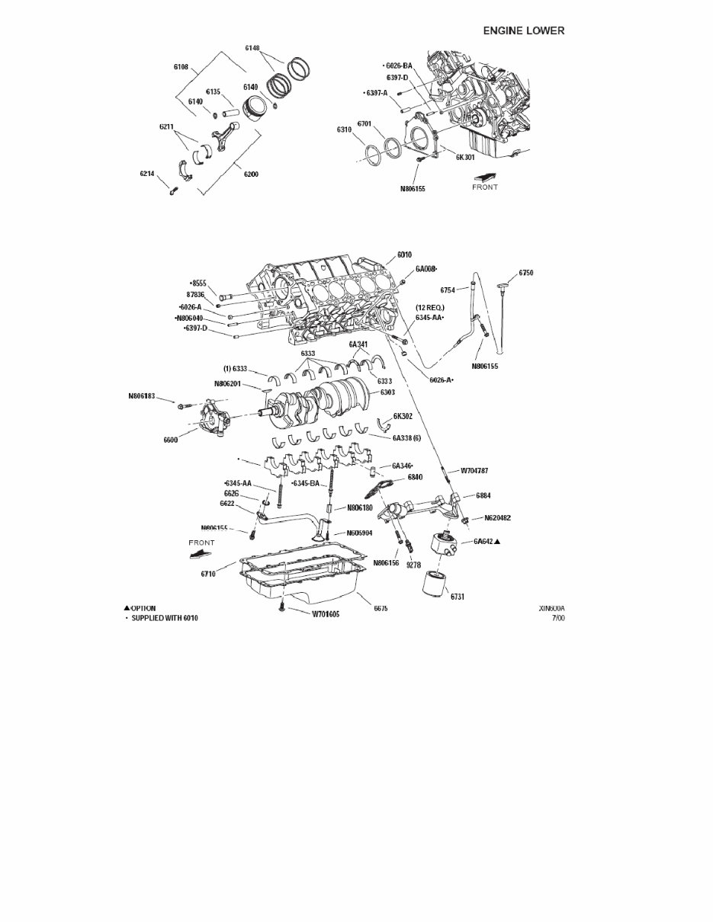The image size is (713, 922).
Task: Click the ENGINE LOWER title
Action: point(524,30)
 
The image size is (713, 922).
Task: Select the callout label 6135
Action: point(213,91)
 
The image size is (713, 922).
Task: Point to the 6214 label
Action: point(148,174)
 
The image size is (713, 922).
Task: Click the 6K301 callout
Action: point(466,158)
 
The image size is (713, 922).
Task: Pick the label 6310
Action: point(344,130)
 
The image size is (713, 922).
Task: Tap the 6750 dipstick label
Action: point(526,272)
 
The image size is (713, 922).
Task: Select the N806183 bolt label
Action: point(141,396)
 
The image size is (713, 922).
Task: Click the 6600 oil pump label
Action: point(172,440)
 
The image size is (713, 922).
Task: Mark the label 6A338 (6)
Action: point(407,438)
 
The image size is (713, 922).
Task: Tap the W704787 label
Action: point(474,471)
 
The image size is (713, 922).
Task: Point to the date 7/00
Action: point(558,618)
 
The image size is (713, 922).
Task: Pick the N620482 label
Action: point(497,518)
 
